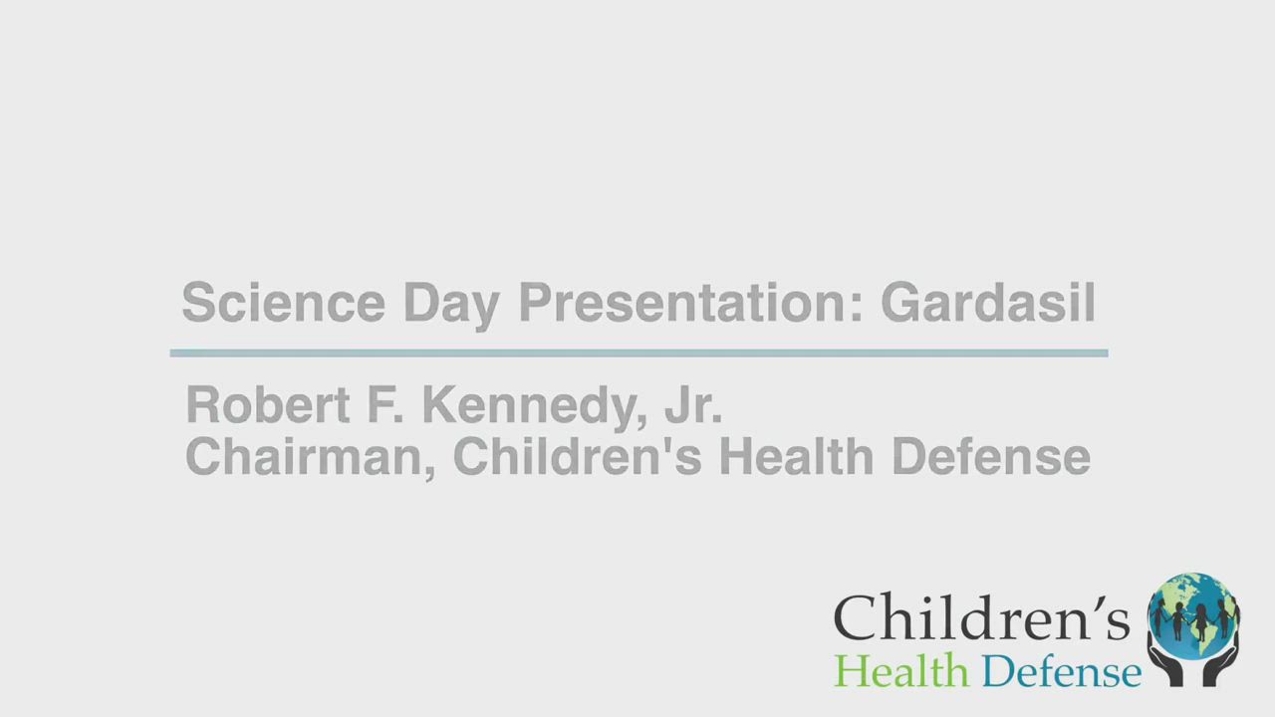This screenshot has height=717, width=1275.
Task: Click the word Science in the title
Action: coord(284,302)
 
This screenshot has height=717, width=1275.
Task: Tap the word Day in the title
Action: coord(451,306)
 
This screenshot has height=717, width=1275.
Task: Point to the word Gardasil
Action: coord(988,302)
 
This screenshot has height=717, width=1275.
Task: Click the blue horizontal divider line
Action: coord(638,354)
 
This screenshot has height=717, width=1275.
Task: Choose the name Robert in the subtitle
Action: coord(268,404)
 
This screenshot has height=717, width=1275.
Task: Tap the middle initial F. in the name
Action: coord(385,404)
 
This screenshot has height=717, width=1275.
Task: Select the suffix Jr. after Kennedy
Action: coord(693,404)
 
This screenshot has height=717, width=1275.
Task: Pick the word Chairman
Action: coord(310,457)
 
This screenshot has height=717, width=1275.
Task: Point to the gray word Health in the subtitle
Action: coord(796,456)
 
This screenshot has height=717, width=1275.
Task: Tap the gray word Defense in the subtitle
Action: coord(991,456)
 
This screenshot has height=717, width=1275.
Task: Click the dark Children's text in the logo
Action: coord(981,617)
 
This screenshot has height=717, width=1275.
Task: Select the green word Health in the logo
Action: coord(901,670)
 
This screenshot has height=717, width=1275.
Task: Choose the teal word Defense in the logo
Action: coord(1062,670)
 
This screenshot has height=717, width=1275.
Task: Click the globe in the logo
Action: coord(1193,615)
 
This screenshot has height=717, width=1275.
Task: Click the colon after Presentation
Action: coord(856,308)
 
